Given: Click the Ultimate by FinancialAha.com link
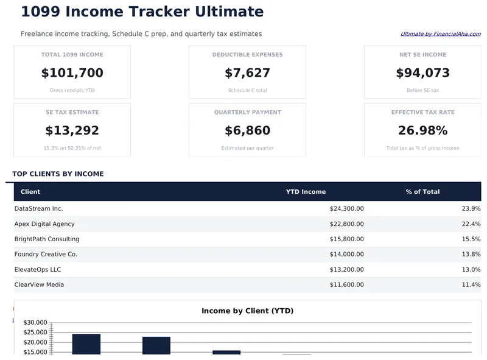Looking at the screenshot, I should tap(440, 34).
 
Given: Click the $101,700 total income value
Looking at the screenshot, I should tap(72, 73).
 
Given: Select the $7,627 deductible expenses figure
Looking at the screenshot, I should tap(247, 73).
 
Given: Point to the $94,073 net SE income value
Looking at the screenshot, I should tap(422, 73).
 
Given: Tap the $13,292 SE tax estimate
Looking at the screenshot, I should tap(72, 130).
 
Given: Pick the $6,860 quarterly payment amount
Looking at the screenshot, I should tap(247, 130).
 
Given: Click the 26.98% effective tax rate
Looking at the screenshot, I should tap(422, 130).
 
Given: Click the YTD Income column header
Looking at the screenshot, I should tap(306, 192).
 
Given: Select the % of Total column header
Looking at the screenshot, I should tap(422, 192).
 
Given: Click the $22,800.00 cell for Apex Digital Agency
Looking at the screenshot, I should tap(346, 224).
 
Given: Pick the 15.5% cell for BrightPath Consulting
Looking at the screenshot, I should tap(471, 239).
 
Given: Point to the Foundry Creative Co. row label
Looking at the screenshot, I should tap(46, 254).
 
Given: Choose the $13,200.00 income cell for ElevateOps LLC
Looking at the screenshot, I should tap(346, 269).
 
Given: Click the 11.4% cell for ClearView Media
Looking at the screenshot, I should tap(471, 284).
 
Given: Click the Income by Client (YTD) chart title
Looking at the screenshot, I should tap(247, 311).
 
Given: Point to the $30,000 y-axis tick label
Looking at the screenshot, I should tap(35, 322).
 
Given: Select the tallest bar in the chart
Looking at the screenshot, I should tap(86, 344).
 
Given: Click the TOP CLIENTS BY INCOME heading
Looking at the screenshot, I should tap(58, 174).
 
